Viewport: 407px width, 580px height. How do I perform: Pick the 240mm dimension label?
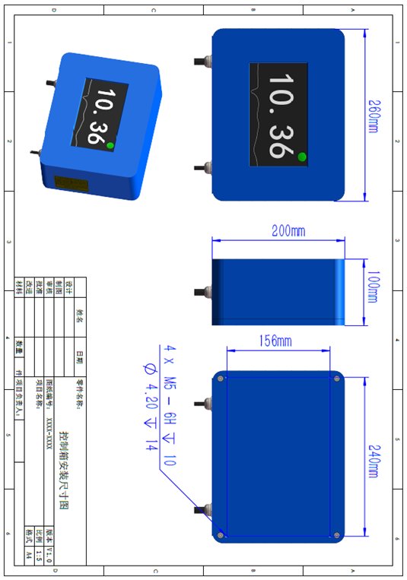[x=374, y=457]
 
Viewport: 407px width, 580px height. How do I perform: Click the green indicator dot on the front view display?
[x=302, y=157]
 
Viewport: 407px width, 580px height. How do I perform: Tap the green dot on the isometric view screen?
[x=110, y=144]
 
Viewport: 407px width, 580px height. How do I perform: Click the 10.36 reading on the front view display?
[x=278, y=116]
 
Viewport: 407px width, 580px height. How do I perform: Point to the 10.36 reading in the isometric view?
[x=99, y=116]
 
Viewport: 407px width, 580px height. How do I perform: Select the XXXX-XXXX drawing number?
[x=50, y=432]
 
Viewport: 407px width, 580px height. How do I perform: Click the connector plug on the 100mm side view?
[x=205, y=290]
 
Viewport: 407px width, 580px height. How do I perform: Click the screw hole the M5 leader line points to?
[x=221, y=535]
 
